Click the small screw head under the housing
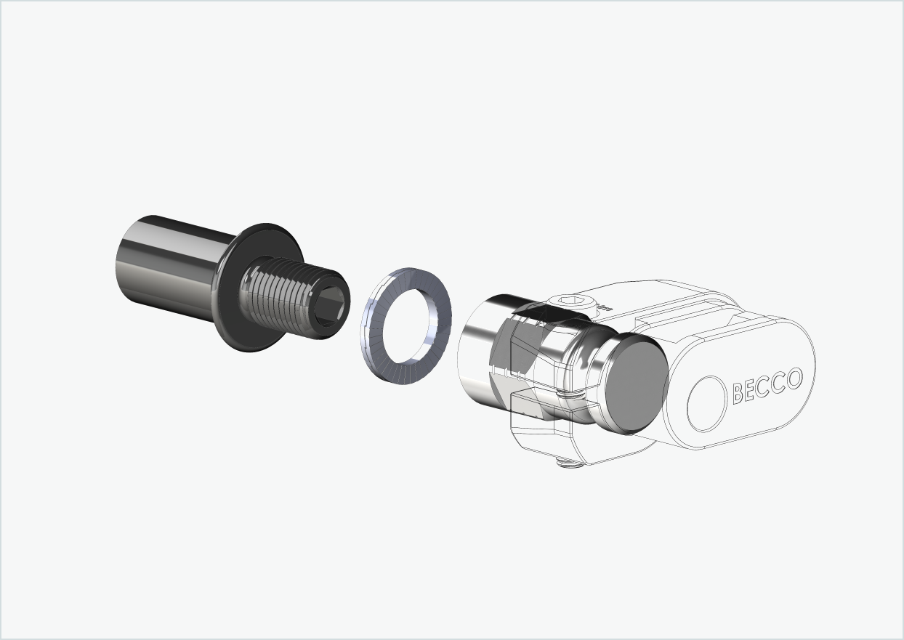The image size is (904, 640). point(570,461)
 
